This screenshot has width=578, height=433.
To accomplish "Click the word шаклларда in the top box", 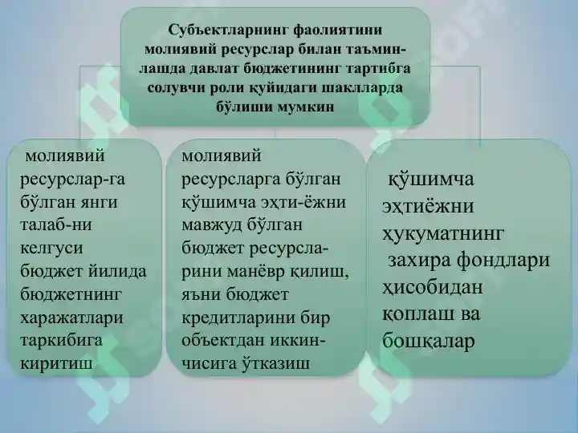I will coord(363,87).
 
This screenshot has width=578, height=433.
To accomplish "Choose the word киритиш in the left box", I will coord(55,363).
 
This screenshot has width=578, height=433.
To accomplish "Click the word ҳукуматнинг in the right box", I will coord(443,233).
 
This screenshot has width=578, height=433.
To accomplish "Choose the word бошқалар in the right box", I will coord(429,341).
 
